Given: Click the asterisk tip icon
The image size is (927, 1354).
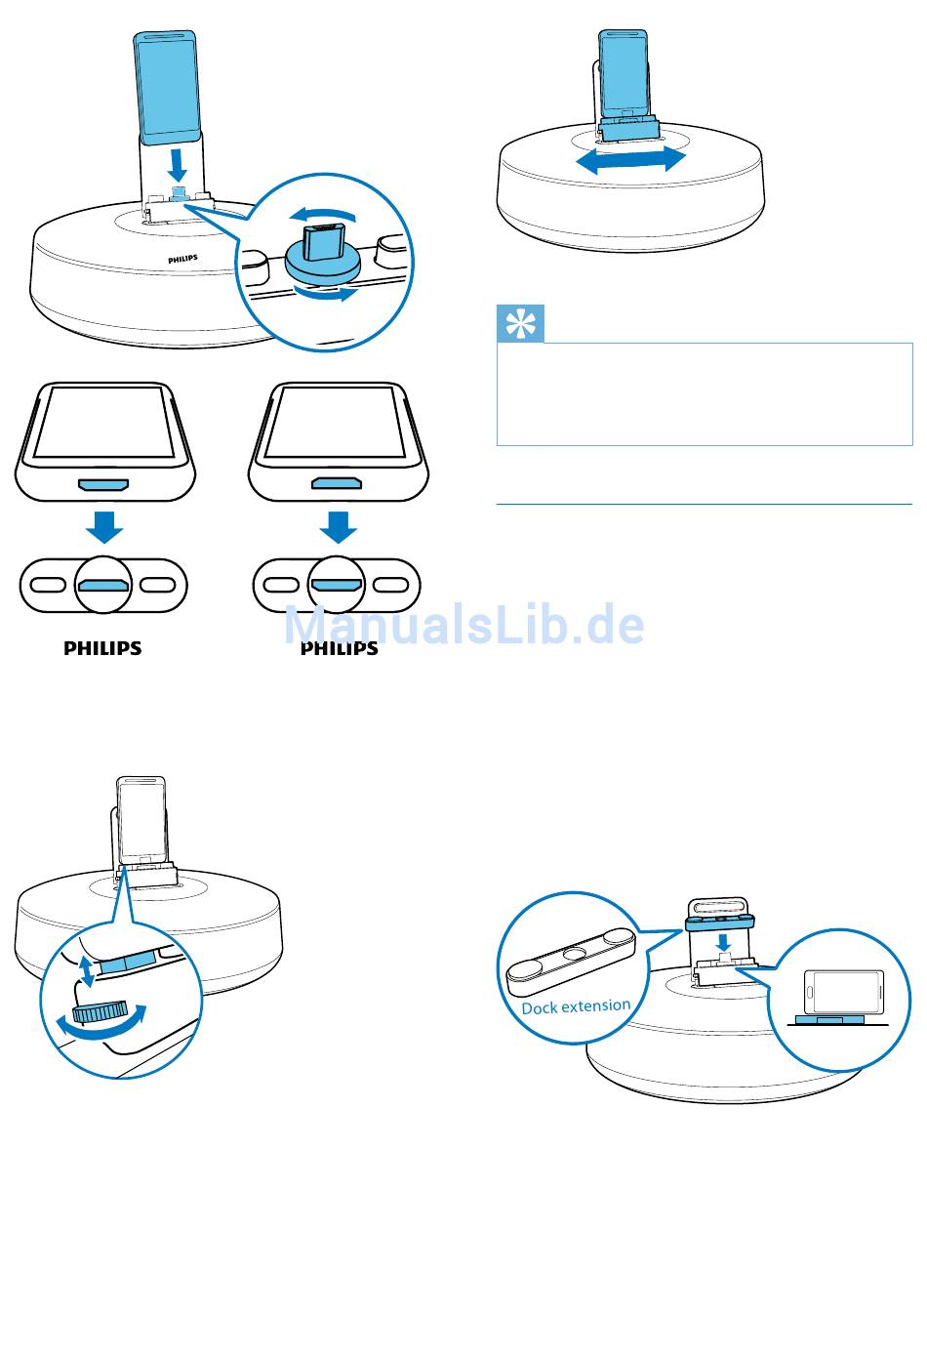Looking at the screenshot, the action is click(520, 323).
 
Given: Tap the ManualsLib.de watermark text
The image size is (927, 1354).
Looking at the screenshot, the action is click(463, 625).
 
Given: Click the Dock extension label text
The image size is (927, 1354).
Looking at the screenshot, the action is click(576, 1007).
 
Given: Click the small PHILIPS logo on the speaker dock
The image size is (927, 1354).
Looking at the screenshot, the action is click(182, 259).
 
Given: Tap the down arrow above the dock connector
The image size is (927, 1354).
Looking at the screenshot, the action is click(178, 165).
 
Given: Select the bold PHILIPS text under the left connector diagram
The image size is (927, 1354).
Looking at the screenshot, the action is click(102, 648).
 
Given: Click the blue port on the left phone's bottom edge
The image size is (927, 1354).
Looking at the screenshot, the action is click(103, 484).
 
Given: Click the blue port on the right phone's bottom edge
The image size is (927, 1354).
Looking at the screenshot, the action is click(337, 483).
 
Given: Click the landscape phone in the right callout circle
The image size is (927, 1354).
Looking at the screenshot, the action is click(845, 991).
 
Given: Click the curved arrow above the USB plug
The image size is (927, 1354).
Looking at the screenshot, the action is click(322, 215).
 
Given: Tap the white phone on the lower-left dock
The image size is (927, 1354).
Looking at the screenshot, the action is click(141, 821).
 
